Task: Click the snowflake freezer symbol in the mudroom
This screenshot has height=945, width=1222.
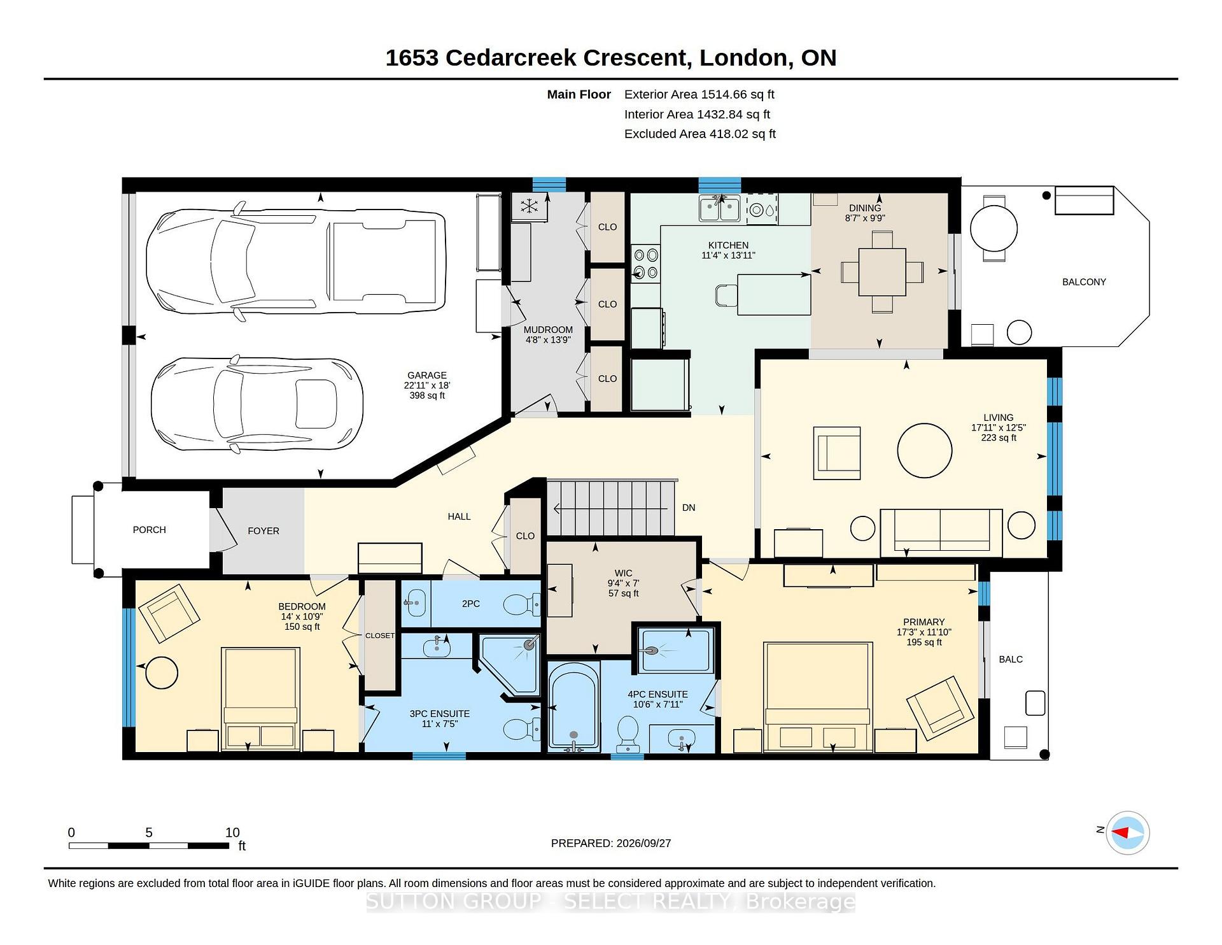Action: (x=528, y=206)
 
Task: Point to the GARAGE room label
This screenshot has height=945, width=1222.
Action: (x=427, y=375)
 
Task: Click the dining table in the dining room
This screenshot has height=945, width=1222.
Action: (x=882, y=272)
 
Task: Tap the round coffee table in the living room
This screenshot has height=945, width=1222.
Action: (x=925, y=450)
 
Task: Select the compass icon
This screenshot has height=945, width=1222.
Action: (x=1128, y=832)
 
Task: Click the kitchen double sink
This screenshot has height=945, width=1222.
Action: (x=720, y=208)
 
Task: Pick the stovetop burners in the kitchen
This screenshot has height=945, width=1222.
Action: (x=645, y=264)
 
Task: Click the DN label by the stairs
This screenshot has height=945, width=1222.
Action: (x=689, y=508)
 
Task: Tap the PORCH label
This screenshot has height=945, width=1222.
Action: (x=150, y=530)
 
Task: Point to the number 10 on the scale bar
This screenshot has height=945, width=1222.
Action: (x=232, y=832)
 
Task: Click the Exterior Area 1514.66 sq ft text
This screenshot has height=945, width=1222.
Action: (x=699, y=94)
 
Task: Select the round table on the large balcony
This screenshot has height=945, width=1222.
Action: (x=994, y=228)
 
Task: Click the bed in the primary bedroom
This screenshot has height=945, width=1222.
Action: (x=818, y=697)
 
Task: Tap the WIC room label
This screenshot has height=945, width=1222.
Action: (x=624, y=573)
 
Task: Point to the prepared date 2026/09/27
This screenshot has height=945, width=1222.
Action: (x=643, y=843)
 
